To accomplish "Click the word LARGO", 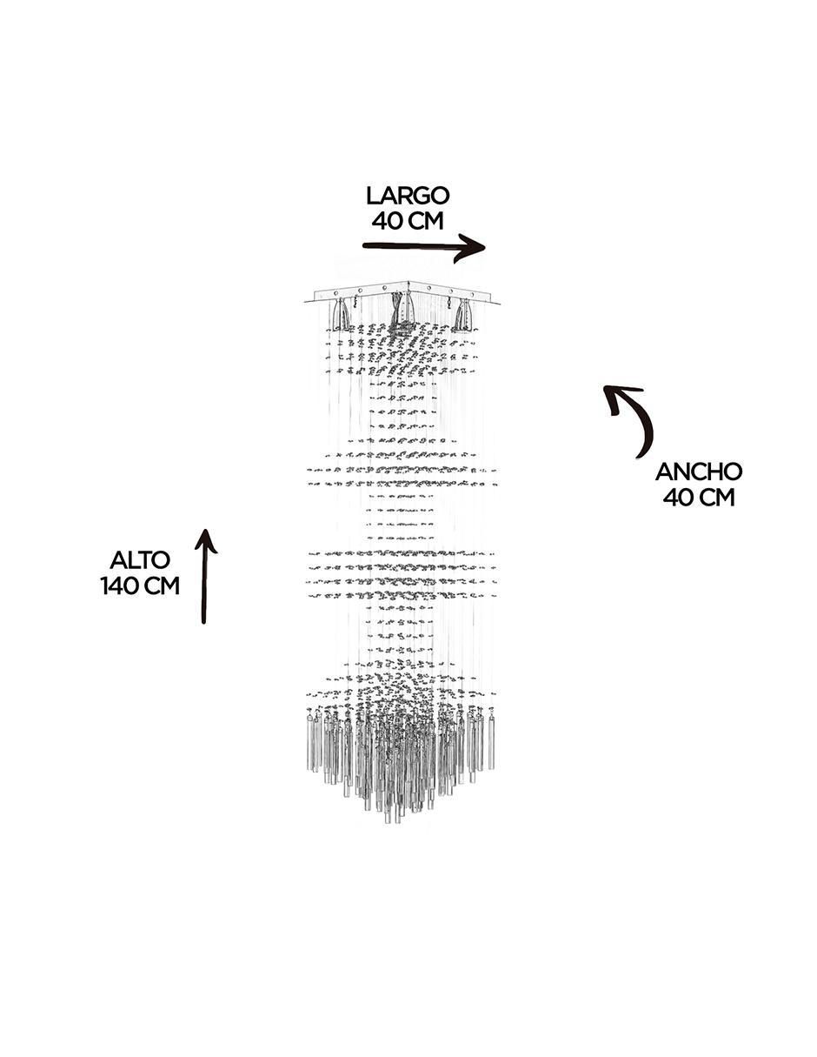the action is click(x=408, y=196).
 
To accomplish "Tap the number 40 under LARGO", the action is click(x=386, y=221).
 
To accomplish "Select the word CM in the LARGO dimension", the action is click(x=425, y=221).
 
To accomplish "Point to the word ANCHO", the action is click(x=699, y=472).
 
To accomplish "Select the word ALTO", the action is click(x=140, y=560).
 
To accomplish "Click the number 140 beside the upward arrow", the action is click(x=118, y=585).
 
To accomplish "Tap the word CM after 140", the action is click(x=161, y=585).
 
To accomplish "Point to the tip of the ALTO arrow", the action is click(x=206, y=530).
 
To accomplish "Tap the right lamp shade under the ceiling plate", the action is click(x=462, y=314).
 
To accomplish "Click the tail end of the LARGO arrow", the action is click(x=364, y=245).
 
